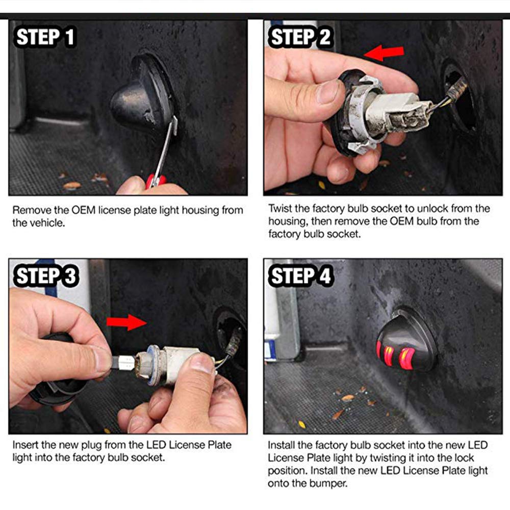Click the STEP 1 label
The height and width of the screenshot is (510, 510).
tap(45, 37)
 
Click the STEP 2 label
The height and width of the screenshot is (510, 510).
tap(300, 37)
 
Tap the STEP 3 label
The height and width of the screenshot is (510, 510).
tap(46, 276)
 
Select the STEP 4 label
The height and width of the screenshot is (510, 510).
tap(300, 276)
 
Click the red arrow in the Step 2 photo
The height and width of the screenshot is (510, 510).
tap(384, 53)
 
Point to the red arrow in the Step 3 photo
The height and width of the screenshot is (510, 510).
tap(126, 322)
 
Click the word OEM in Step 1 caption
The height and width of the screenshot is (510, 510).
tap(83, 210)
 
